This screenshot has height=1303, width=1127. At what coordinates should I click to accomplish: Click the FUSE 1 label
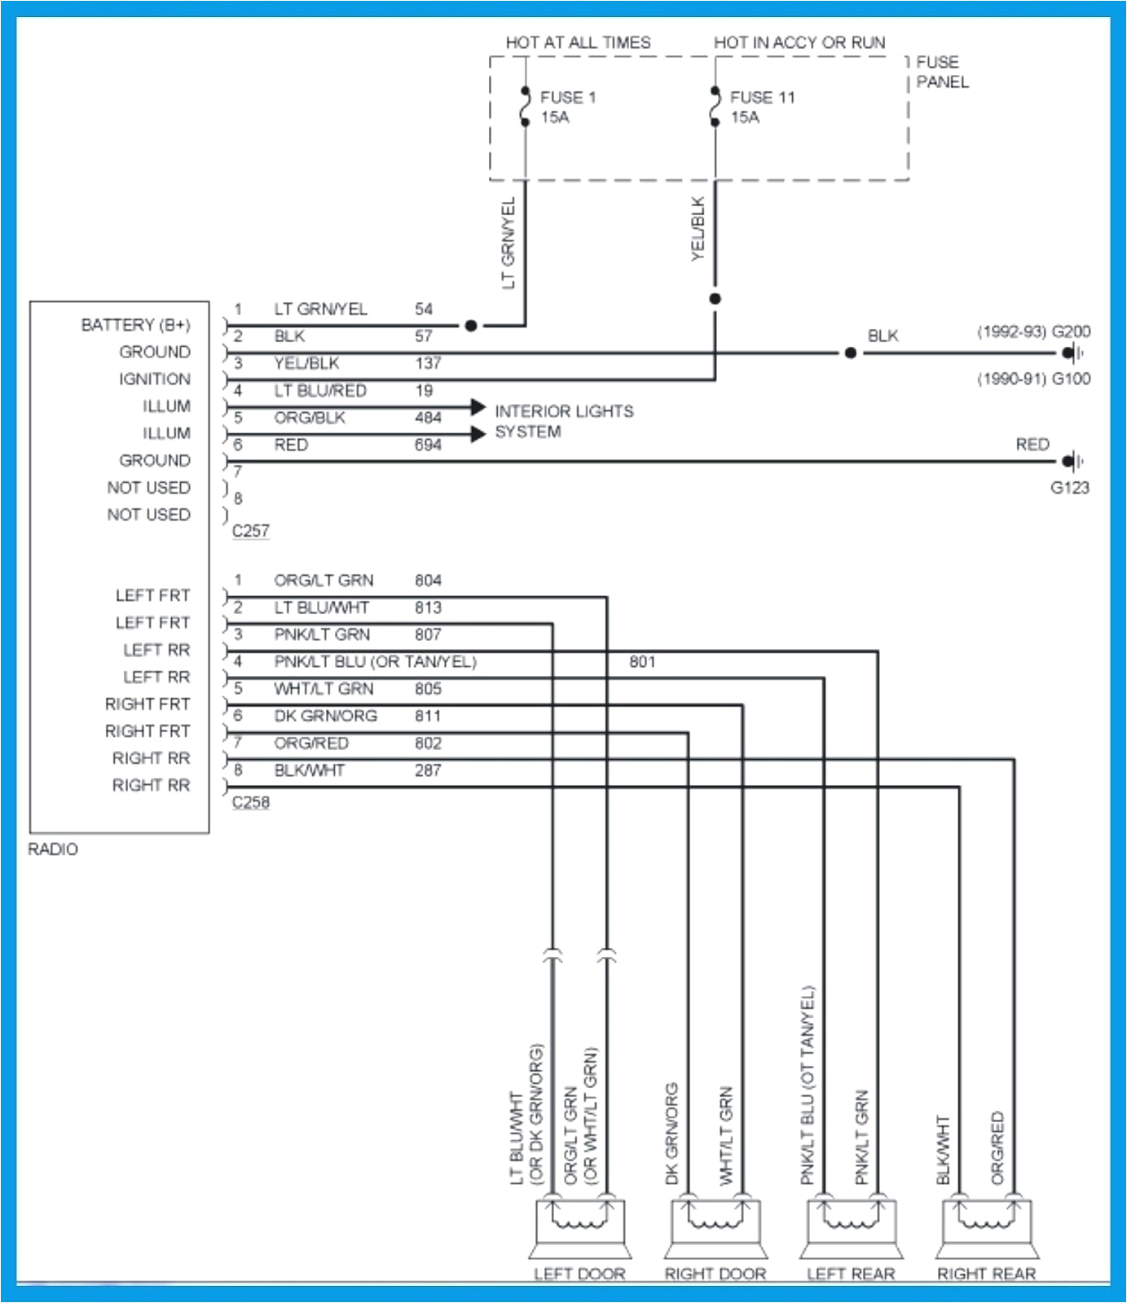[568, 97]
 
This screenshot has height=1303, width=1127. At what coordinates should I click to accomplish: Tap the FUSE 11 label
[762, 97]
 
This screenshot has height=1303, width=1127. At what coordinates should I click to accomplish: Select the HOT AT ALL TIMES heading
[578, 42]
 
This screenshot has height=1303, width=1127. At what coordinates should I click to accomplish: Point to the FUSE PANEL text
[942, 72]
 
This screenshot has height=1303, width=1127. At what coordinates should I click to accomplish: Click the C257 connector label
[250, 530]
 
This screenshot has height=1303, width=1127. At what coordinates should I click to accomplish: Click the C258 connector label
[250, 802]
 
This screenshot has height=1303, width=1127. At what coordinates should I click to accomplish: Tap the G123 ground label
[1069, 488]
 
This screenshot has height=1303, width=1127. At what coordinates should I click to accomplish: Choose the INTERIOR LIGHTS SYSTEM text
[564, 421]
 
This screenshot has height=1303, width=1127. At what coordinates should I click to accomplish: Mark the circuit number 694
[428, 445]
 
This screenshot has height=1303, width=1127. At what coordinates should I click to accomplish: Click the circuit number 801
[642, 661]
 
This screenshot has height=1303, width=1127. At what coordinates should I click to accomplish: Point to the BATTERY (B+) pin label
[135, 325]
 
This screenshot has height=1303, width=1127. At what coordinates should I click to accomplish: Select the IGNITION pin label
[154, 379]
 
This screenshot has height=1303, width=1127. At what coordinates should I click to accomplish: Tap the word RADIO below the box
[53, 849]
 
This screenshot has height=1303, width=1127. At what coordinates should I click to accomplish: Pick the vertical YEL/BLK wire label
[698, 229]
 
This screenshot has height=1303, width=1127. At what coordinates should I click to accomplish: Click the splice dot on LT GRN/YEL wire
[471, 326]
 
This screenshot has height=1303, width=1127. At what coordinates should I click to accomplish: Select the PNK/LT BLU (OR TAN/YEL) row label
[375, 661]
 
